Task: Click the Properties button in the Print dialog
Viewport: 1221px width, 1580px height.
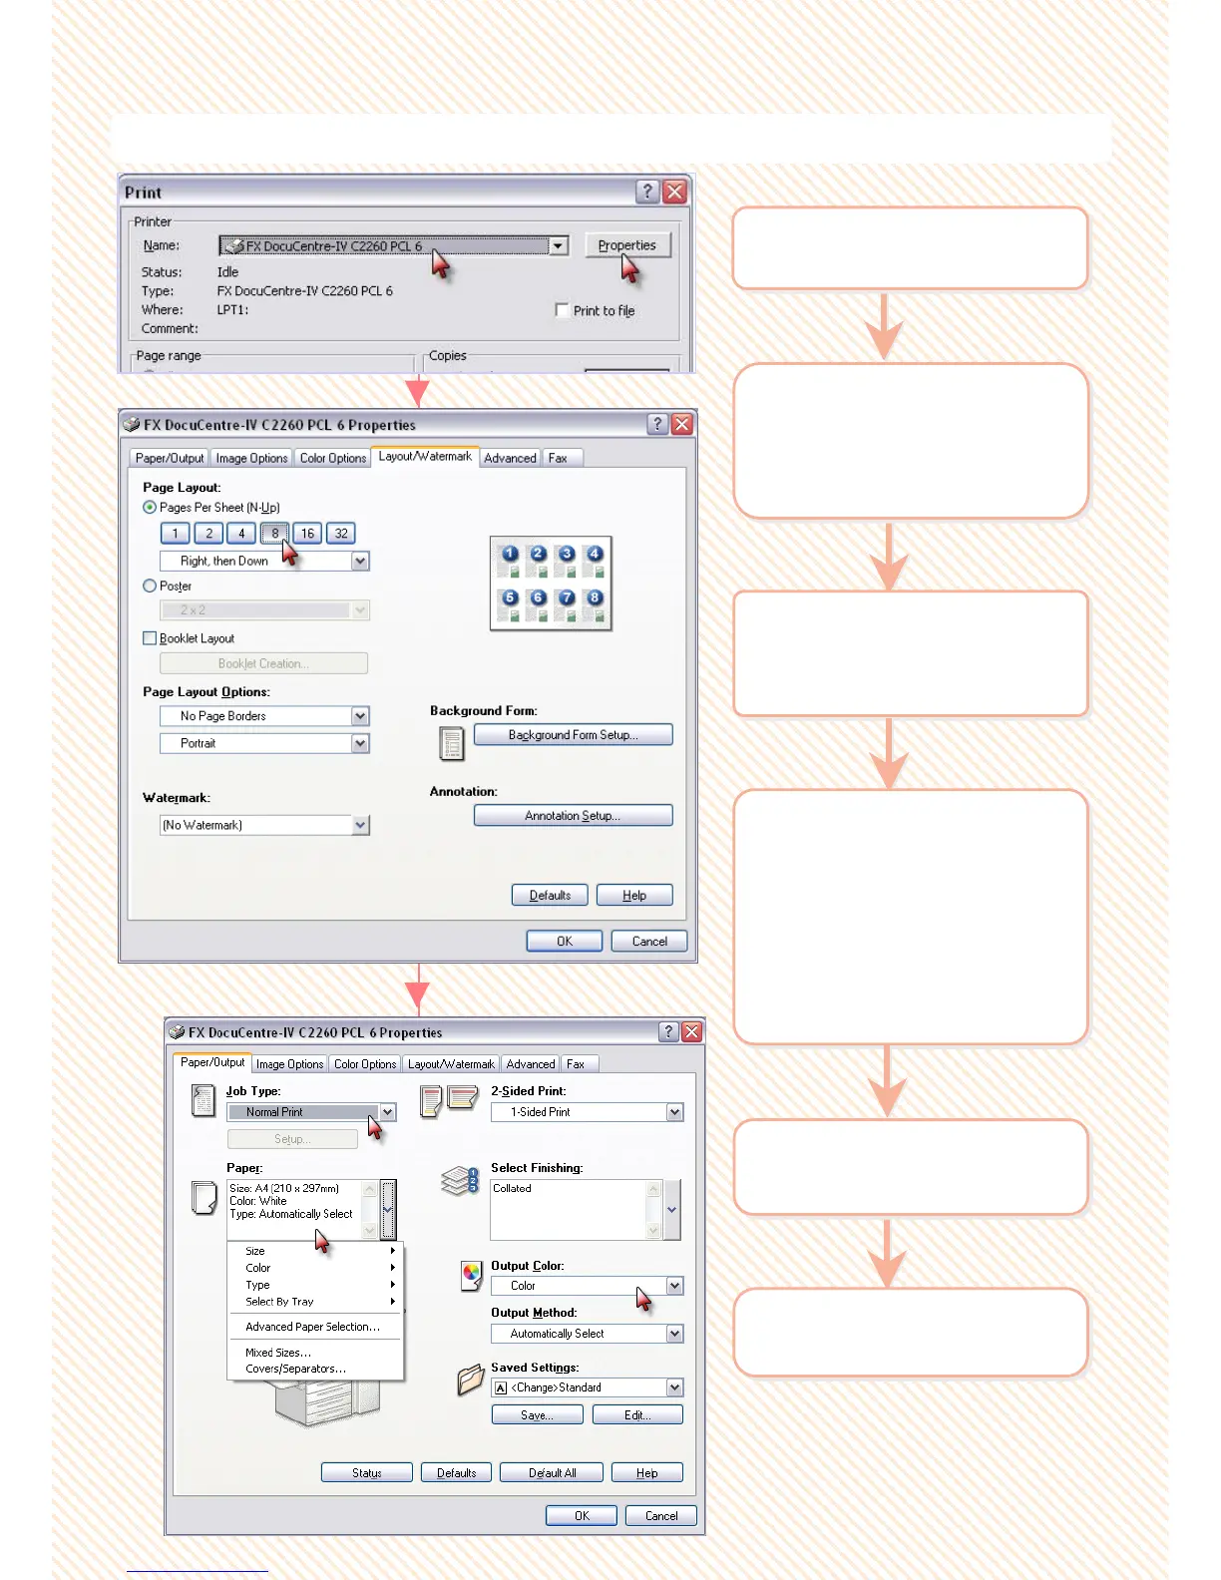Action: pos(626,245)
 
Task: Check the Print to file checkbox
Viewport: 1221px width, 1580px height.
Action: pos(562,310)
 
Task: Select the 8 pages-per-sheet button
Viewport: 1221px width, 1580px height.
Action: pos(274,534)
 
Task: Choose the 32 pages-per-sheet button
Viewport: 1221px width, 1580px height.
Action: pos(341,534)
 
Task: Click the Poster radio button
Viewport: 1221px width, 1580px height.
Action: pos(150,587)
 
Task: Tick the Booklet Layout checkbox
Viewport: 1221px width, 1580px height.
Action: pos(150,638)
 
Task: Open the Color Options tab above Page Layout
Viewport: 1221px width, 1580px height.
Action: pos(333,459)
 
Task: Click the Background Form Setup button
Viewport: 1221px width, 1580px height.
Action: pos(573,735)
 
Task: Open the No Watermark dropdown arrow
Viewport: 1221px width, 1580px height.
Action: pos(360,825)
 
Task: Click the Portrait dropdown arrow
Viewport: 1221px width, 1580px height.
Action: pos(360,743)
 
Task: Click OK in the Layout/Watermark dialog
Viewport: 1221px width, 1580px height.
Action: pos(565,942)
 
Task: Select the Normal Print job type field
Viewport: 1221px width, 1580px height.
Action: pos(303,1112)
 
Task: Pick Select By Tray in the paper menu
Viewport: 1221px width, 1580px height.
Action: pos(279,1302)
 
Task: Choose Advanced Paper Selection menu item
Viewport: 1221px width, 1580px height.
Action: pos(312,1327)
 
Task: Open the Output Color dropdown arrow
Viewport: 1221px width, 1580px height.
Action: pos(674,1286)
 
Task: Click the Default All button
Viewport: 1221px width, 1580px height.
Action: pos(552,1473)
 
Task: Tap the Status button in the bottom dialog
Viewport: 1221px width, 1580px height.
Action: pos(366,1473)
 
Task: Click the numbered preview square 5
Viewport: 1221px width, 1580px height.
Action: pos(510,597)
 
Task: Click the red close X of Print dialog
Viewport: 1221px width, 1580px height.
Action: pos(674,192)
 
